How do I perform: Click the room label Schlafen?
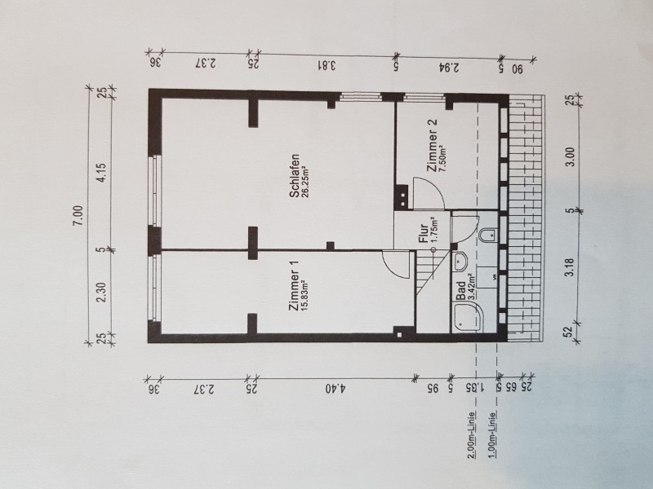[x=295, y=176]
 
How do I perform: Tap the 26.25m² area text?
[x=304, y=177]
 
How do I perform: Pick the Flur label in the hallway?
[x=424, y=235]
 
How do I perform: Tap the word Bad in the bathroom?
[x=460, y=290]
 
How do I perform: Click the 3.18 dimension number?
[x=569, y=267]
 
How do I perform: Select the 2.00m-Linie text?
[x=471, y=434]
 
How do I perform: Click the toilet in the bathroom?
[x=487, y=235]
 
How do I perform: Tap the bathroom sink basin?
[x=460, y=262]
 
